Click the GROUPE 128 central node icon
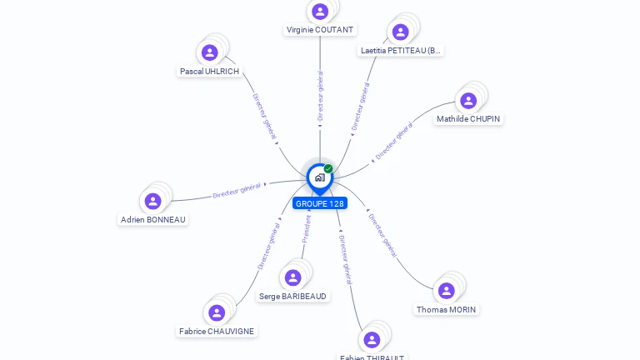pyautogui.click(x=319, y=177)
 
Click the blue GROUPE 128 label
pyautogui.click(x=319, y=203)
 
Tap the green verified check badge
pyautogui.click(x=328, y=169)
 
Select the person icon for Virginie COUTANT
pyautogui.click(x=319, y=11)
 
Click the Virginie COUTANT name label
pyautogui.click(x=320, y=30)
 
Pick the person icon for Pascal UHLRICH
pyautogui.click(x=210, y=52)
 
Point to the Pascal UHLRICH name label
pyautogui.click(x=209, y=72)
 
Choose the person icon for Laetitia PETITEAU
pyautogui.click(x=401, y=32)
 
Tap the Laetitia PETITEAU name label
pyautogui.click(x=400, y=51)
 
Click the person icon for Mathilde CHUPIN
pyautogui.click(x=468, y=100)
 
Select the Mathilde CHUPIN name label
pyautogui.click(x=468, y=119)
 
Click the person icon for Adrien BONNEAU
pyautogui.click(x=152, y=201)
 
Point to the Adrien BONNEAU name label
pyautogui.click(x=153, y=220)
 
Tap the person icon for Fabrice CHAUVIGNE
pyautogui.click(x=217, y=312)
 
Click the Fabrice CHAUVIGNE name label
pyautogui.click(x=217, y=332)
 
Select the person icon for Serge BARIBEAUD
pyautogui.click(x=292, y=277)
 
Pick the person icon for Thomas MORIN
pyautogui.click(x=447, y=290)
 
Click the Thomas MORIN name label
pyautogui.click(x=447, y=310)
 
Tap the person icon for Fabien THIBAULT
pyautogui.click(x=372, y=339)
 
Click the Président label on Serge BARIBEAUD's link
pyautogui.click(x=306, y=230)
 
